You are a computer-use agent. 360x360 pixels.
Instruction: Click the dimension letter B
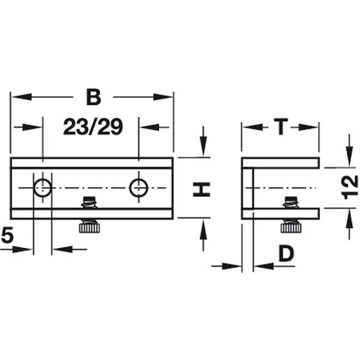tap(94, 97)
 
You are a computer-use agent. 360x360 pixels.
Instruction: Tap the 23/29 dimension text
tap(93, 127)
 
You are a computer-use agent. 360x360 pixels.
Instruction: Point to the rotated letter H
tap(202, 190)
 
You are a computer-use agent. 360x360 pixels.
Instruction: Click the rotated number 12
tap(350, 187)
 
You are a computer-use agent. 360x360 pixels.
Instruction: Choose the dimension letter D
tap(286, 253)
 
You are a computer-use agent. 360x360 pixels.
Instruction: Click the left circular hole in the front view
tap(43, 188)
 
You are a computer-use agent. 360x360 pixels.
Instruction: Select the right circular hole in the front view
tap(139, 188)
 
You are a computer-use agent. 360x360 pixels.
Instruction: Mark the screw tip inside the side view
tap(292, 202)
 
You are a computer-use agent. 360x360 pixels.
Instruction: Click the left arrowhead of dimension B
tap(21, 97)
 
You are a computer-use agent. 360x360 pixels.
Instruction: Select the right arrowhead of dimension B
tap(163, 97)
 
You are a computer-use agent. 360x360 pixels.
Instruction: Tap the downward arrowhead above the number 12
tap(349, 155)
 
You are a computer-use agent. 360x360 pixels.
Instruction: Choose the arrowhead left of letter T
tap(253, 127)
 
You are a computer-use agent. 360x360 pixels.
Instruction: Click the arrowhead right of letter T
tap(308, 127)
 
